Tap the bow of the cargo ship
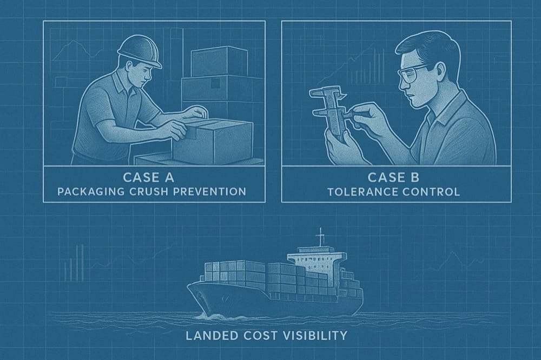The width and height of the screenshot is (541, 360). point(197,295)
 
